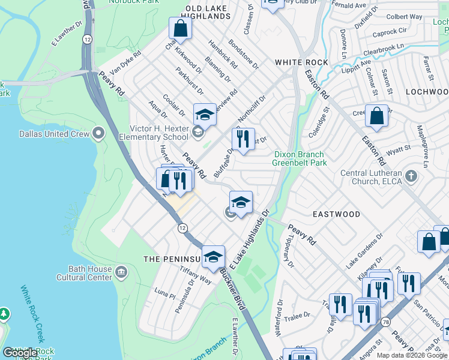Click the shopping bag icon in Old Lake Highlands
180,28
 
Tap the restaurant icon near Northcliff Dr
243,139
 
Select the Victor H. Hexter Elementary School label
160,133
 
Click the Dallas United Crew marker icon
100,134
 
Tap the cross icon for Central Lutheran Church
411,176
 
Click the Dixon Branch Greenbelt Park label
300,158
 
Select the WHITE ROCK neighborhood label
301,62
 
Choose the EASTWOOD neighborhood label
336,214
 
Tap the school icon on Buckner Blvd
212,257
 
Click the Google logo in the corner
20,353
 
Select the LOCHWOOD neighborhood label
427,92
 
